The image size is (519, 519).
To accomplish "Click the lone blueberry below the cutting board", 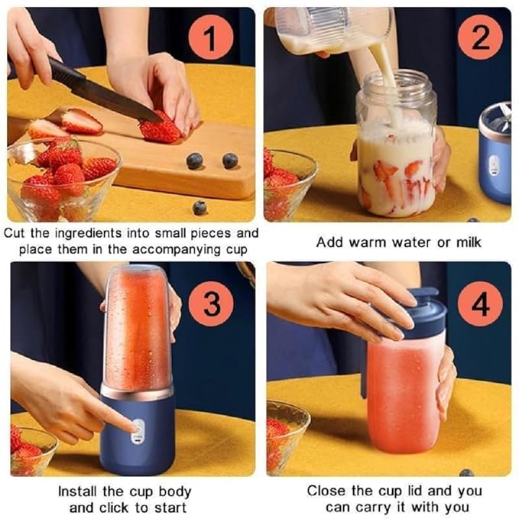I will tap(199, 207).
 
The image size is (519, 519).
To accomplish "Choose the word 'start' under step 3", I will tap(170, 507).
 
